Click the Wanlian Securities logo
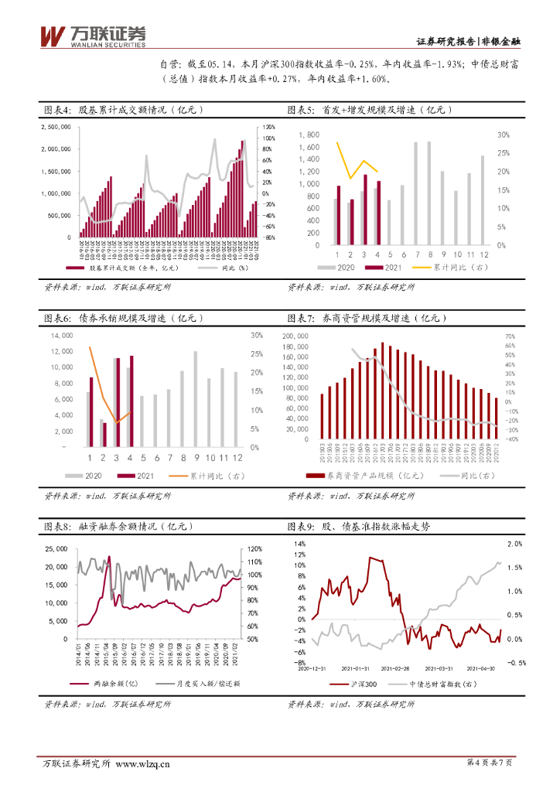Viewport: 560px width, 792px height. click(x=92, y=35)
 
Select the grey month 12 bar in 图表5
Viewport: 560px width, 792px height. click(x=483, y=200)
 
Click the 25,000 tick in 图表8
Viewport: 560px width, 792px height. click(x=57, y=549)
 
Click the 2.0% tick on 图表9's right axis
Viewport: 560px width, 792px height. click(x=516, y=544)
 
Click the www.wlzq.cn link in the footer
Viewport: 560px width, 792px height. click(x=143, y=764)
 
